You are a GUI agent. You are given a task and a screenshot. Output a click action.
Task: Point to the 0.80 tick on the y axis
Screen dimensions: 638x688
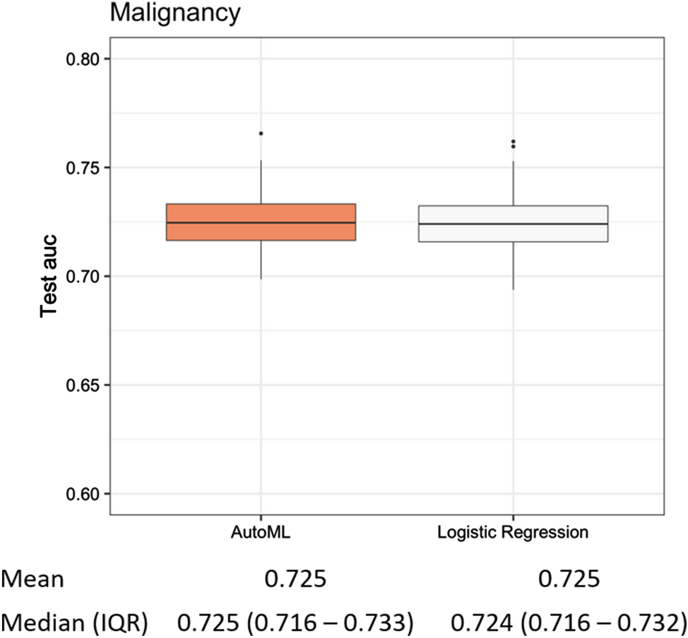coord(83,59)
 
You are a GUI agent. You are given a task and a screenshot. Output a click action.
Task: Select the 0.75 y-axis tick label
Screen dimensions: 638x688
coord(83,168)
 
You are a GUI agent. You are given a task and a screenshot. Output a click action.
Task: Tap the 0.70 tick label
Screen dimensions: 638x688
coord(83,277)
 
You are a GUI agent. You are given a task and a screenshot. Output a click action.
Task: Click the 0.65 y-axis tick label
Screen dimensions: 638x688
coord(83,385)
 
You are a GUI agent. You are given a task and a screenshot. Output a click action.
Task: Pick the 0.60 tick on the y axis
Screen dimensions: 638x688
coord(83,494)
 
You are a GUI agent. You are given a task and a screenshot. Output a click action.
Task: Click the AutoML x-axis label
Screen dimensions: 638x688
coord(261,533)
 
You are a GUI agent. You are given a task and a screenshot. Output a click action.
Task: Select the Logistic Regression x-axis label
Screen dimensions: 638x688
coord(513,533)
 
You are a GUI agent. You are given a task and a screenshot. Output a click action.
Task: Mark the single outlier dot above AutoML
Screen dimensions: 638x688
coord(261,133)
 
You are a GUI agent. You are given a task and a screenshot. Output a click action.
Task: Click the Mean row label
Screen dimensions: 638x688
coord(33,580)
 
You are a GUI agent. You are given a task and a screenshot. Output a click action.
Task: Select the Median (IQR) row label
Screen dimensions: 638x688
coord(75,622)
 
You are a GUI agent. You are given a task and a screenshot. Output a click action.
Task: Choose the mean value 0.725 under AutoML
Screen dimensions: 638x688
coord(295,580)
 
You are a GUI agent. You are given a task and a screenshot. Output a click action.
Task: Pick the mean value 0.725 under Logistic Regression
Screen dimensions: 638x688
coord(569,580)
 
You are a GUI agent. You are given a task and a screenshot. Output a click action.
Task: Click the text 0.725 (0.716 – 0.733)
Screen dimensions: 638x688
coord(295,622)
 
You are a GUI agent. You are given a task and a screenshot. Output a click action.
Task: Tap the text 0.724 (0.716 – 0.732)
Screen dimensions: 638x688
coord(569,622)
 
